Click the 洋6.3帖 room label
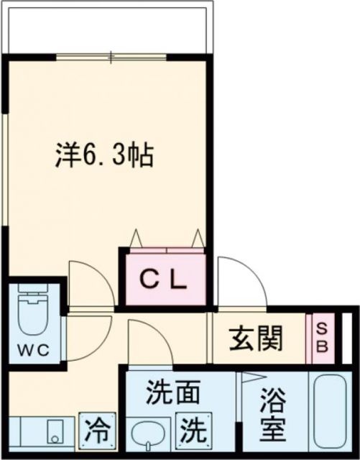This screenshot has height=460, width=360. click(105, 155)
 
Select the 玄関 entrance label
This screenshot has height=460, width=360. click(256, 338)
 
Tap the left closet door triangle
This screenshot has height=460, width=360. click(135, 237)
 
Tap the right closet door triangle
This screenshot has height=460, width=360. click(197, 237)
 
